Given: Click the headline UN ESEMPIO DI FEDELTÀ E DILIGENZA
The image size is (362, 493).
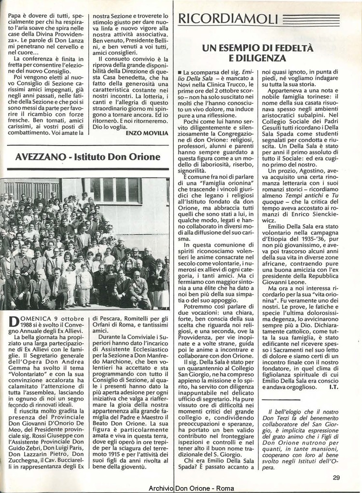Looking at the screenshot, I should click(257, 53).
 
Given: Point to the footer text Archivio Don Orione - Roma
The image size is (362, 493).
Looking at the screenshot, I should click(191, 488).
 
